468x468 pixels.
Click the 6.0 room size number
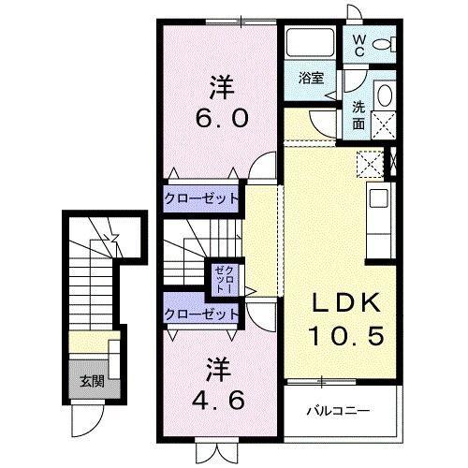click(x=222, y=119)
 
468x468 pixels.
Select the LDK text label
click(x=345, y=304)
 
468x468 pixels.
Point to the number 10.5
click(x=347, y=335)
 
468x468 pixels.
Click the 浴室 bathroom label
click(x=312, y=78)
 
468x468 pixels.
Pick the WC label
click(x=359, y=44)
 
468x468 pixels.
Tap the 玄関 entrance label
click(x=91, y=380)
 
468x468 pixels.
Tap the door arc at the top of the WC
click(x=356, y=11)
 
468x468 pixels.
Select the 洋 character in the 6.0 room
click(x=221, y=88)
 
